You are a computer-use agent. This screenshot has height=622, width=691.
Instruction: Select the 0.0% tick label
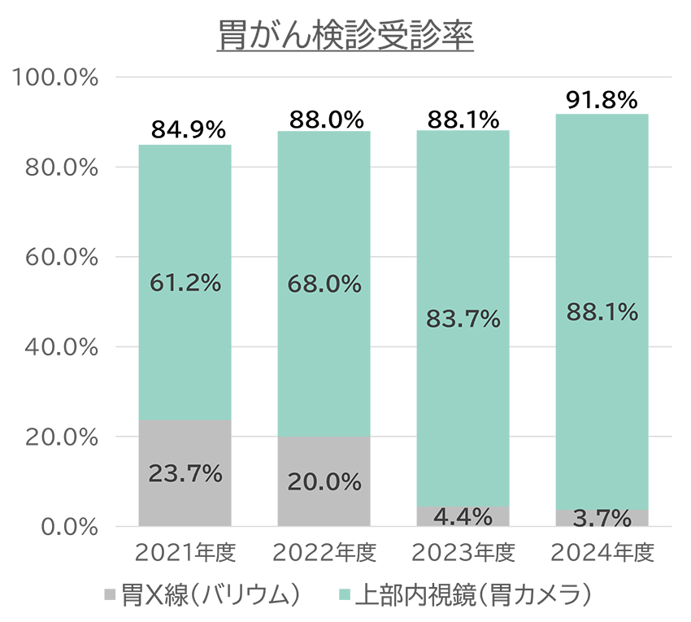tap(68, 527)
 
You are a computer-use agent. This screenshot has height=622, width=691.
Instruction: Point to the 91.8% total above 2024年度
tap(601, 100)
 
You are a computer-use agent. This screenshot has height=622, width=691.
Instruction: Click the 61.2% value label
tap(185, 283)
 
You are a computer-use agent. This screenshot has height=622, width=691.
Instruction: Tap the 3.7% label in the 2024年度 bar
tap(602, 518)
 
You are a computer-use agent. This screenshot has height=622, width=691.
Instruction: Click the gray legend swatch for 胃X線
tap(111, 595)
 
